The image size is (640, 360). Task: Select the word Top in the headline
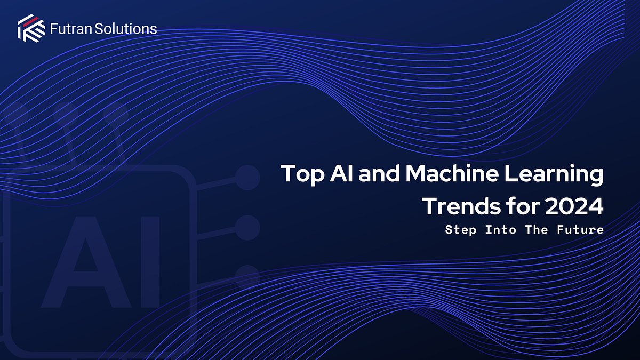tap(300, 175)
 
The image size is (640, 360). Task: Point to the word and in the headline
tap(382, 175)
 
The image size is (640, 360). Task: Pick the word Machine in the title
tap(460, 175)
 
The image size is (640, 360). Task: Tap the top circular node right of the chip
tap(247, 177)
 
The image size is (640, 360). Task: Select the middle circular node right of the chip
tap(247, 228)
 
